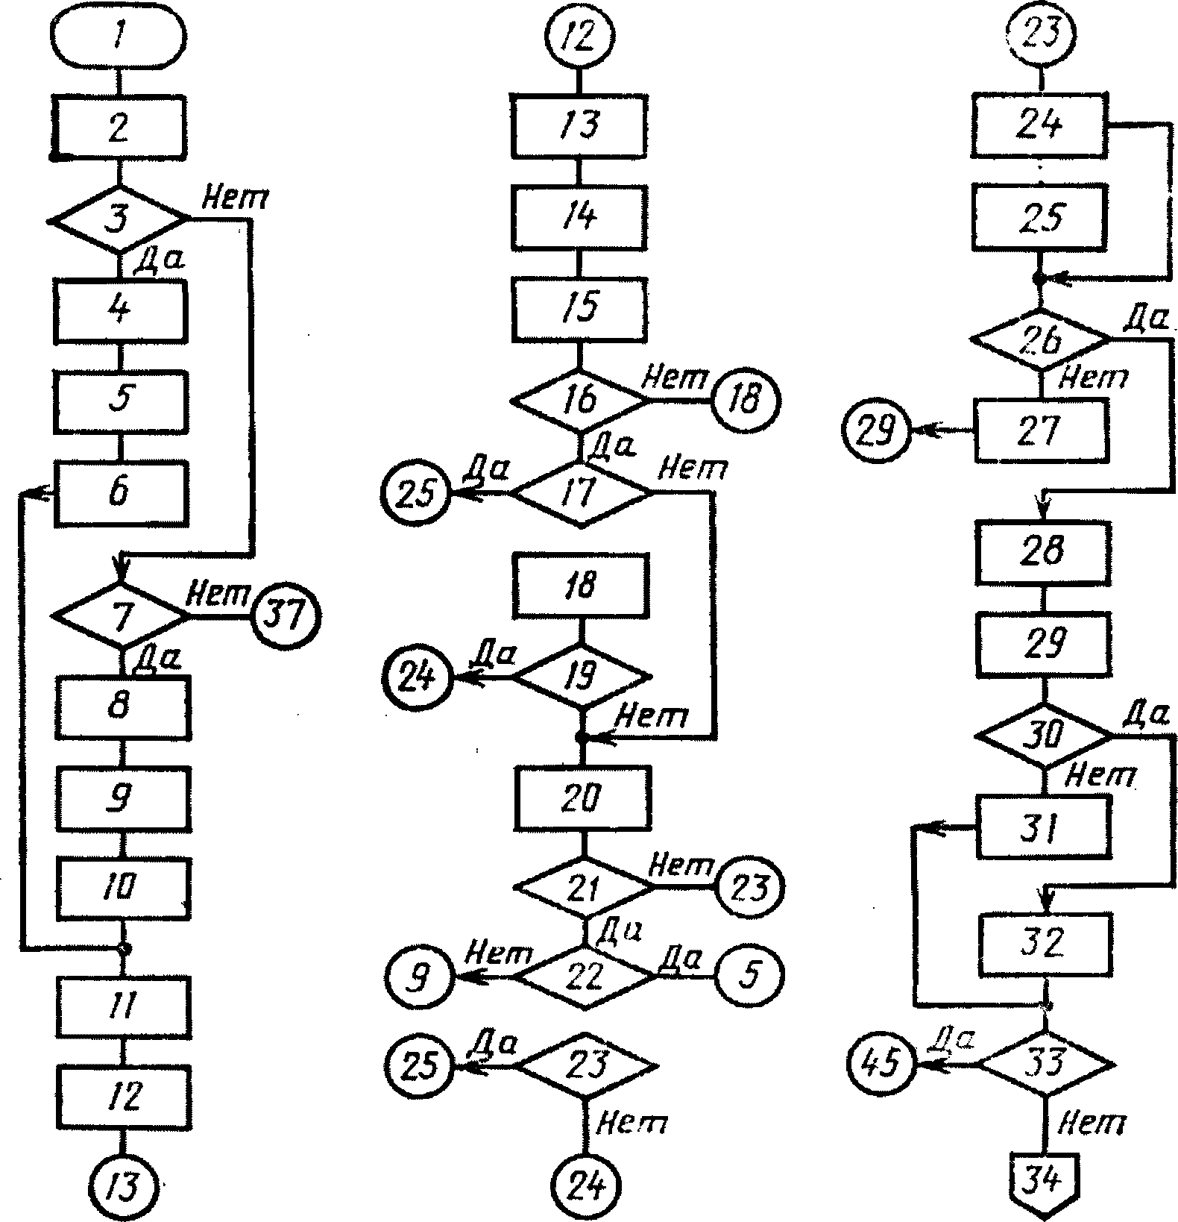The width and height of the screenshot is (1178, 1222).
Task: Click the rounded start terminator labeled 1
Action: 119,38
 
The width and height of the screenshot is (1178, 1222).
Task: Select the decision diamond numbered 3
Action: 120,220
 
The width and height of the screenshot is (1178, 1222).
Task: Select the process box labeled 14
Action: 580,217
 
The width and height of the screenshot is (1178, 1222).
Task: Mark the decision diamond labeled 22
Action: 585,977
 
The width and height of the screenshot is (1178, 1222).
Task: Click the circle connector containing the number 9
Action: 419,977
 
